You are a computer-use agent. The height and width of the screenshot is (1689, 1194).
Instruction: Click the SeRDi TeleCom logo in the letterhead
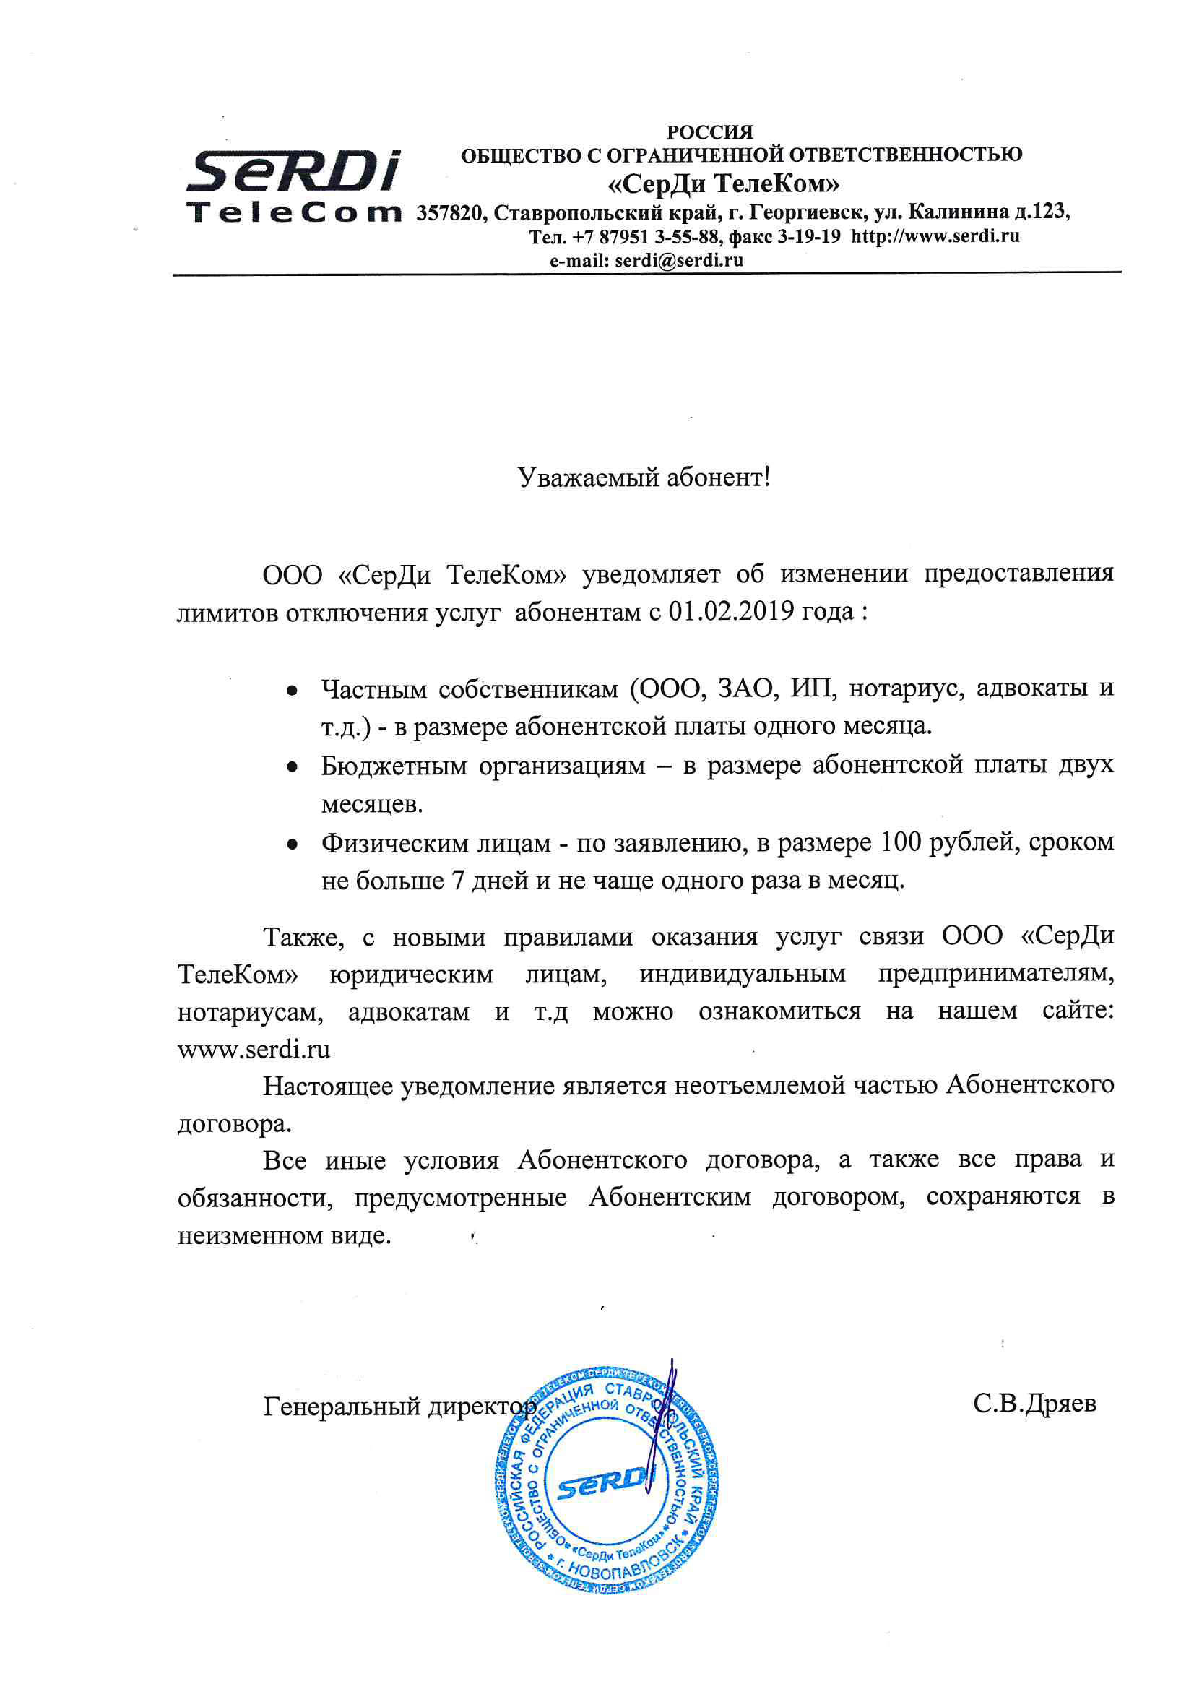point(293,186)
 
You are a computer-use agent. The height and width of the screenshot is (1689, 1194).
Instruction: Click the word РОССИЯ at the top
point(709,132)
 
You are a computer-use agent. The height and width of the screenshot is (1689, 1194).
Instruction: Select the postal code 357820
point(449,213)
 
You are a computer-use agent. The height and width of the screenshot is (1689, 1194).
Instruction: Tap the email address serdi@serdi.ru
point(678,260)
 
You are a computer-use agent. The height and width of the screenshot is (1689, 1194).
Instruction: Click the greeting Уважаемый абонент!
point(644,478)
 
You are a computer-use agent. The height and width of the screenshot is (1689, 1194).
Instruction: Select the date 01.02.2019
point(730,611)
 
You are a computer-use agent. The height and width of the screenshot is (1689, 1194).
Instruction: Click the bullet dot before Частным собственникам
point(292,691)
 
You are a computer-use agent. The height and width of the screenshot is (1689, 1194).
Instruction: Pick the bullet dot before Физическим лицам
point(292,844)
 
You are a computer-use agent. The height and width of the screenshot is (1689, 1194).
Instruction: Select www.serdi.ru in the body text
point(254,1049)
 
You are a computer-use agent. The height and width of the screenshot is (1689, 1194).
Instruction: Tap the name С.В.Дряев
point(1034,1404)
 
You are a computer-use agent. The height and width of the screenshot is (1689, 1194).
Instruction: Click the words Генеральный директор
point(399,1407)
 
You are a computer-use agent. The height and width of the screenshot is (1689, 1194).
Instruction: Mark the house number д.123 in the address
point(1040,212)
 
